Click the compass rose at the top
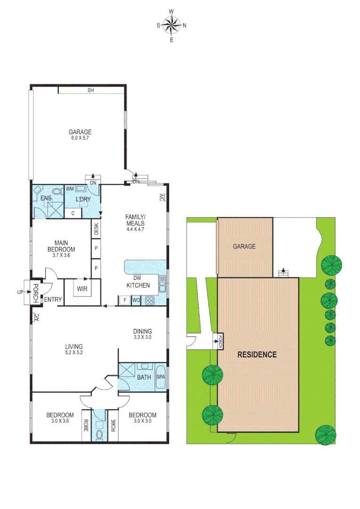172,25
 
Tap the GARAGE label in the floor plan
80,132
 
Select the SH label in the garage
90,90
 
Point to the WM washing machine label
70,189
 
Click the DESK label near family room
97,229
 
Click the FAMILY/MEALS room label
135,220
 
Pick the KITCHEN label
138,285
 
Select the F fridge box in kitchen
124,299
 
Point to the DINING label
142,331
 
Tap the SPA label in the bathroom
161,377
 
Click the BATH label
144,378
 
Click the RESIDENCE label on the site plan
257,354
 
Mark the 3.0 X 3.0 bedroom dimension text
142,421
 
